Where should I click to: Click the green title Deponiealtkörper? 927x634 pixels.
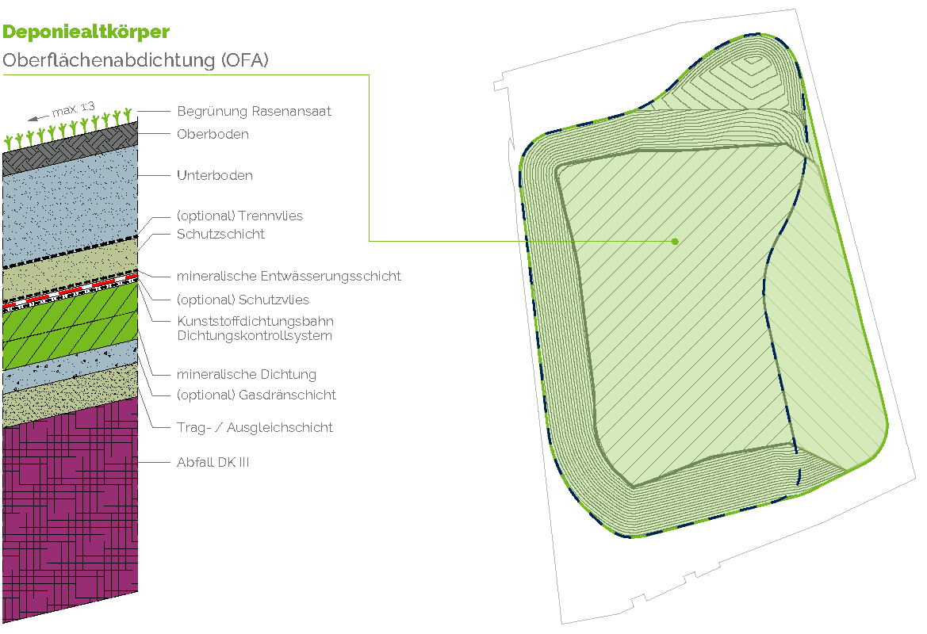[86, 32]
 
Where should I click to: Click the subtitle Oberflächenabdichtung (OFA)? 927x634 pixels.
[136, 60]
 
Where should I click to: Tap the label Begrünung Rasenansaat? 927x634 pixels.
[254, 112]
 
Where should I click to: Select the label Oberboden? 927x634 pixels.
[213, 134]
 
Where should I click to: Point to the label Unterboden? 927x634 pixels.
[214, 175]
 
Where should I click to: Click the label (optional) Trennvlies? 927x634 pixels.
[239, 216]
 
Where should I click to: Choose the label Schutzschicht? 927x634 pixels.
[220, 234]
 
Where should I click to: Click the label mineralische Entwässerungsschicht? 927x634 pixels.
[289, 276]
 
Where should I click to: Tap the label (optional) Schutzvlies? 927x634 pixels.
[243, 300]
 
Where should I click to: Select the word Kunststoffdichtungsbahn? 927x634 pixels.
[255, 321]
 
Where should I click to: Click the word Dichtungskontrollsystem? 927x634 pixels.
[254, 335]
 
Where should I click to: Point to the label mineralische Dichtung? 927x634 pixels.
[246, 374]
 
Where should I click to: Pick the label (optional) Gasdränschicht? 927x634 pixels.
[255, 395]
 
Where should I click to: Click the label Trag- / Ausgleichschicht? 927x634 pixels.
[254, 428]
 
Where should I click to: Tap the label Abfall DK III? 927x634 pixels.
[213, 462]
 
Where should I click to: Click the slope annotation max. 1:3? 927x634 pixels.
[73, 109]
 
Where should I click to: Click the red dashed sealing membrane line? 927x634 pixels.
[71, 290]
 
